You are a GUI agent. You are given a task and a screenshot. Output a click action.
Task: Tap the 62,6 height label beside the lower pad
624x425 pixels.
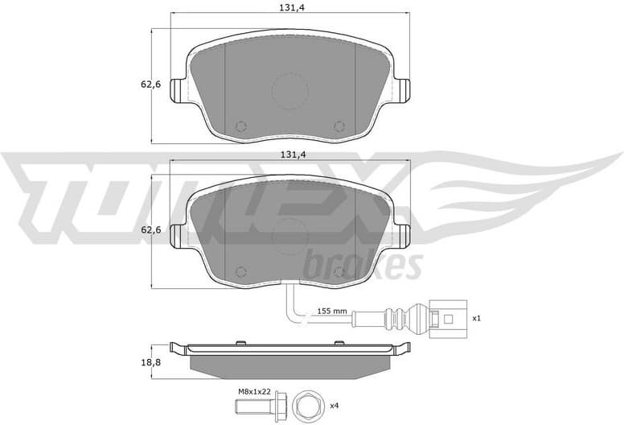142,230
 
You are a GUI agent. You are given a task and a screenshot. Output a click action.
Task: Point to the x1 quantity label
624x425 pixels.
476,318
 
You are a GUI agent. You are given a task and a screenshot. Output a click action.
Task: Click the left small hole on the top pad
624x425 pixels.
240,126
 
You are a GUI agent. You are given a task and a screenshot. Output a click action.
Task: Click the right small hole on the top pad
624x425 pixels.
339,126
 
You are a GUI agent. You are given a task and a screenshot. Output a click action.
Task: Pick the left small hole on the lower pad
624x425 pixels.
240,273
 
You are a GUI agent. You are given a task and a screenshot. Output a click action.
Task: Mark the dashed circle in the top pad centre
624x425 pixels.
289,91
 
